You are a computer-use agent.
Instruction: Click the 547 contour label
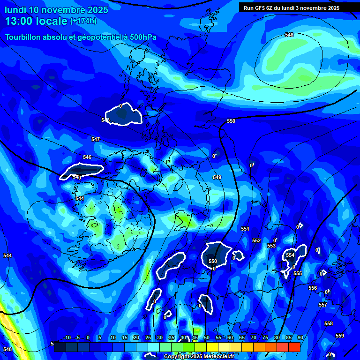[96, 139]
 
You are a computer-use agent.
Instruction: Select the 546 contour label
[87, 157]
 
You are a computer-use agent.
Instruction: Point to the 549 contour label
[217, 177]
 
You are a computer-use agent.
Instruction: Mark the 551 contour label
[245, 229]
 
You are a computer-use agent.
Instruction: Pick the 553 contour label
[271, 246]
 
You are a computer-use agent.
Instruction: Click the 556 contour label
[313, 288]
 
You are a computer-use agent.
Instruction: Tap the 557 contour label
[323, 305]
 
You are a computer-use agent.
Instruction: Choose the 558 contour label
[329, 323]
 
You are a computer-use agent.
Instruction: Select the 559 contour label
[340, 336]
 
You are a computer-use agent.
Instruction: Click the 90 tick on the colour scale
[300, 338]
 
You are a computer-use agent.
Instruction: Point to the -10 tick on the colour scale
[67, 338]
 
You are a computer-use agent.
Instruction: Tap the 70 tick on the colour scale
[253, 338]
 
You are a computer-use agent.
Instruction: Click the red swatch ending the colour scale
[294, 347]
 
